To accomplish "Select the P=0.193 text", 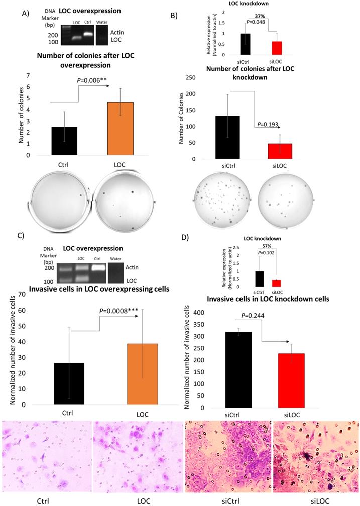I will pos(269,125).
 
